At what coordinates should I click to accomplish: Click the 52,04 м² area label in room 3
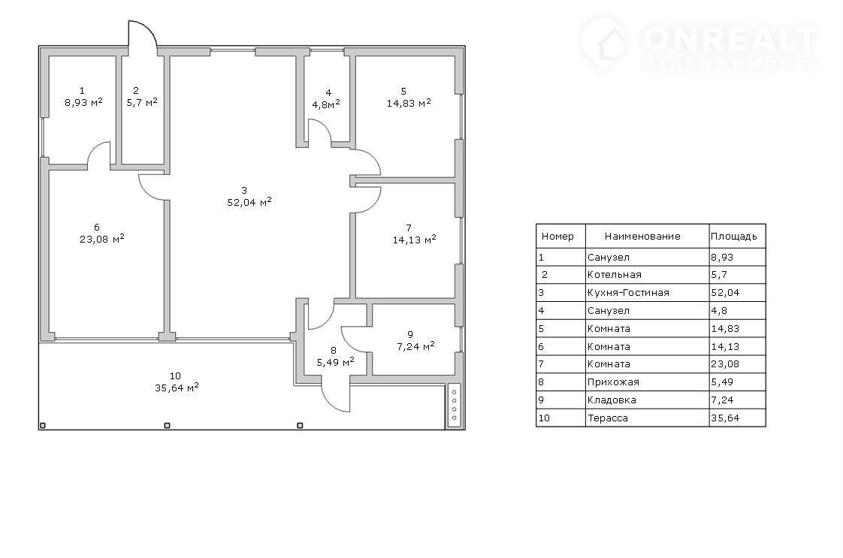(249, 202)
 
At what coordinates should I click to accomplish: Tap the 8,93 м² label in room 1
(83, 102)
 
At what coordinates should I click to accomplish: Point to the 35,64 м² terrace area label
(177, 387)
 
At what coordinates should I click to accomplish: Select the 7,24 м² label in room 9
(415, 345)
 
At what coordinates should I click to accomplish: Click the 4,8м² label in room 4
(326, 104)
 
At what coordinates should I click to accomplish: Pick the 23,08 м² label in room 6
(102, 239)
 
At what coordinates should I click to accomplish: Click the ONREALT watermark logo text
(729, 39)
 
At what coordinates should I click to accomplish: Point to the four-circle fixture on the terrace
(454, 405)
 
